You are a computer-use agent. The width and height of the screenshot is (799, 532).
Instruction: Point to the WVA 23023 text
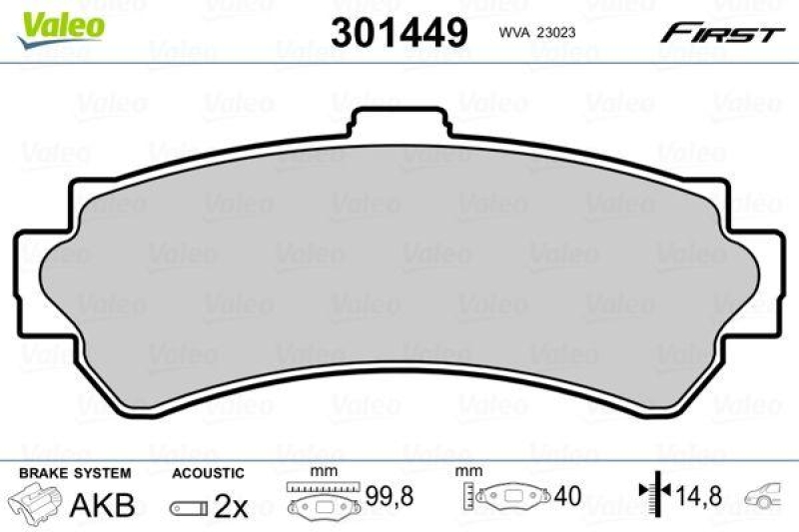click(536, 32)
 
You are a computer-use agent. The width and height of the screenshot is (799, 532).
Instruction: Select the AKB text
click(102, 505)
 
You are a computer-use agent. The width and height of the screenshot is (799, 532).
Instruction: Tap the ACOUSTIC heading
click(208, 472)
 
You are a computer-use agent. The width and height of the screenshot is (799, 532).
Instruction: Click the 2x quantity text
click(232, 506)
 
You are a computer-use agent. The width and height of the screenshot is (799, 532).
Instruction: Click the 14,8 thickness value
click(697, 495)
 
